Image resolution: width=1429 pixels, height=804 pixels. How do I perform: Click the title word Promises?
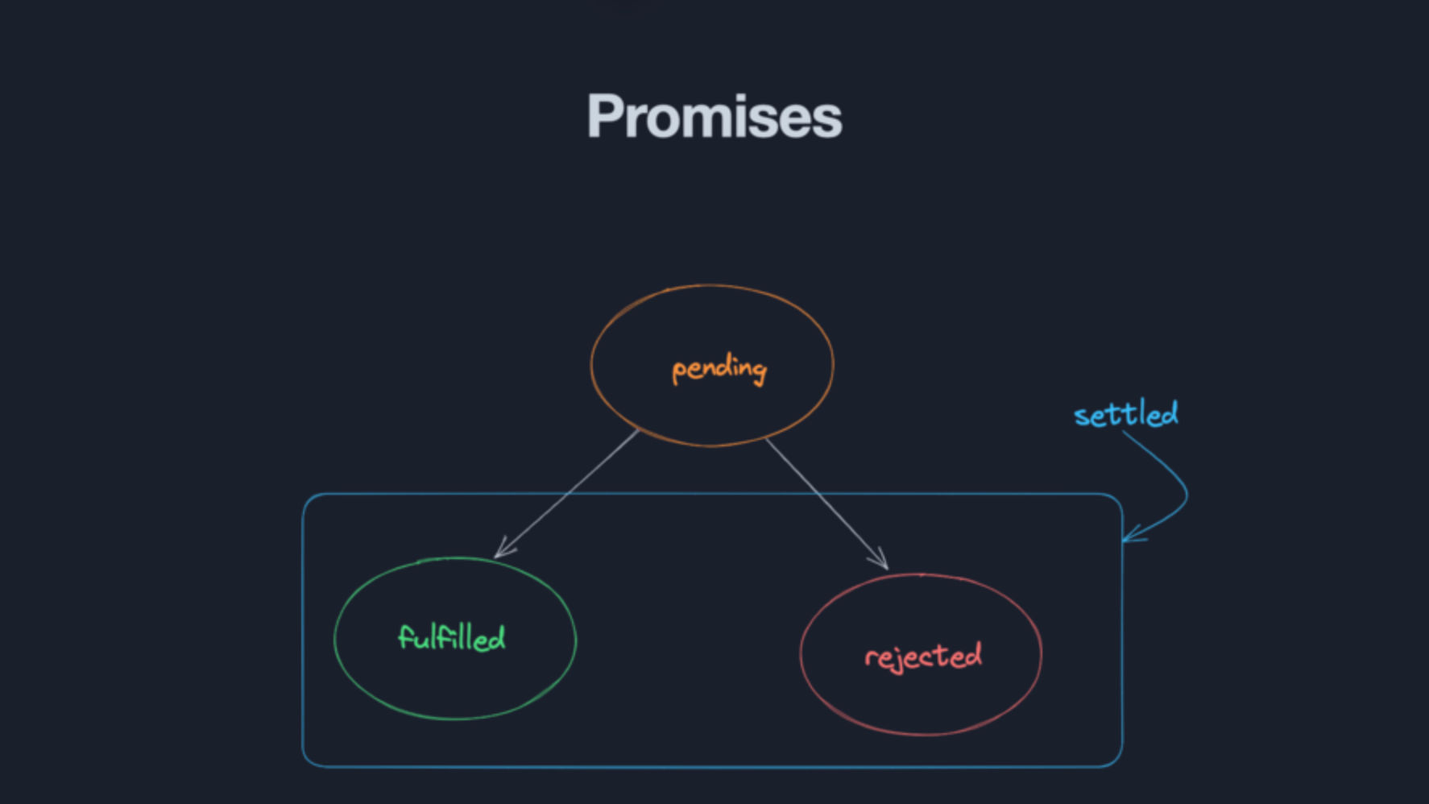pos(714,117)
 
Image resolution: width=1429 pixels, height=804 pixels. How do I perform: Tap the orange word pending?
pos(719,370)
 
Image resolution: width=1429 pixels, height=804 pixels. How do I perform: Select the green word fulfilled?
pos(452,638)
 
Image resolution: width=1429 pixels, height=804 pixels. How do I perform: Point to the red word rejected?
pos(923,657)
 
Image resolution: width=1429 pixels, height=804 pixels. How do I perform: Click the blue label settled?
pos(1125,414)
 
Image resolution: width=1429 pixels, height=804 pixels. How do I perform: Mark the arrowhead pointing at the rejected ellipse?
pos(881,561)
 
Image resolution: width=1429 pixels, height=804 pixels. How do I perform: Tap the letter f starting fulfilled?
pos(405,637)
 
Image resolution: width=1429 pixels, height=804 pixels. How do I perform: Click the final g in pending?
pos(757,372)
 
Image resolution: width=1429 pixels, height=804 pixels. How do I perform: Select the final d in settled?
pos(1168,413)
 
